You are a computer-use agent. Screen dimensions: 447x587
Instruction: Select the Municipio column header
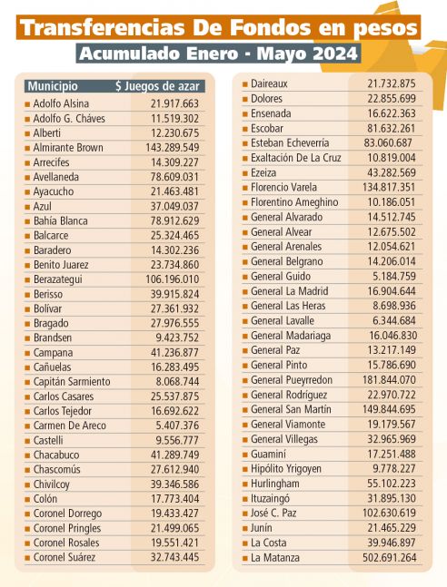click(x=53, y=86)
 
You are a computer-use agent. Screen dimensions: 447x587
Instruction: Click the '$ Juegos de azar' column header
click(x=157, y=86)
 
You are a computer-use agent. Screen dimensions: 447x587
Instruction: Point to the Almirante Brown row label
click(x=68, y=148)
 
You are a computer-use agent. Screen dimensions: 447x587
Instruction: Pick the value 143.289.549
click(x=172, y=148)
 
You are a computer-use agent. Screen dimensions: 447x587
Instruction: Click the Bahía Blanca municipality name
click(x=60, y=220)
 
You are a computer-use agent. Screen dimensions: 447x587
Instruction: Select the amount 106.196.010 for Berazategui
click(x=172, y=279)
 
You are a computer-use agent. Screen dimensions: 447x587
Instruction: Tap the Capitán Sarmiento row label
click(x=72, y=382)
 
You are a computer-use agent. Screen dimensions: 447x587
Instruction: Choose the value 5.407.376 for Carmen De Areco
click(x=177, y=426)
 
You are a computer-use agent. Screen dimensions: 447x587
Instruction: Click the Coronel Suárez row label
click(x=65, y=557)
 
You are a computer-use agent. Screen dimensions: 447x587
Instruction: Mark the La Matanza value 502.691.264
click(x=389, y=558)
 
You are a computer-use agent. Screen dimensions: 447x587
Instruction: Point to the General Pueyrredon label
click(x=292, y=380)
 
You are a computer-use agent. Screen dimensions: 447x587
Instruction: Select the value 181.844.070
click(x=389, y=380)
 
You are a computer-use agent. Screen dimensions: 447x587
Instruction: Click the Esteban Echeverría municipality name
click(x=290, y=143)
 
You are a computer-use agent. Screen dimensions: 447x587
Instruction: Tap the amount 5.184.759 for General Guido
click(x=394, y=277)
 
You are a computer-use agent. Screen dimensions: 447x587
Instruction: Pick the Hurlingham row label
click(x=275, y=484)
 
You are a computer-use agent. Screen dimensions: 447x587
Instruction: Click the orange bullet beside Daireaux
click(x=245, y=84)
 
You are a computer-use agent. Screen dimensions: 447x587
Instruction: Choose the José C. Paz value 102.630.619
click(x=389, y=513)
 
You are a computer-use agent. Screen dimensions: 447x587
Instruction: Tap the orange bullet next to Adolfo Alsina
click(x=27, y=104)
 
